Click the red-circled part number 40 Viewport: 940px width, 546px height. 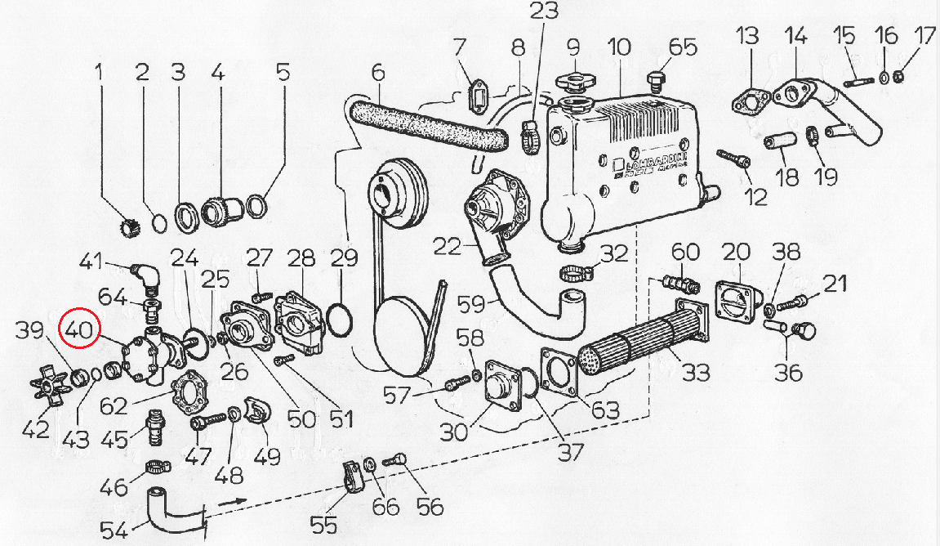coord(79,330)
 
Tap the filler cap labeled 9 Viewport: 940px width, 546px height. coord(572,83)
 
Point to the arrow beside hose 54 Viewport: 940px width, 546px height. coord(234,499)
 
